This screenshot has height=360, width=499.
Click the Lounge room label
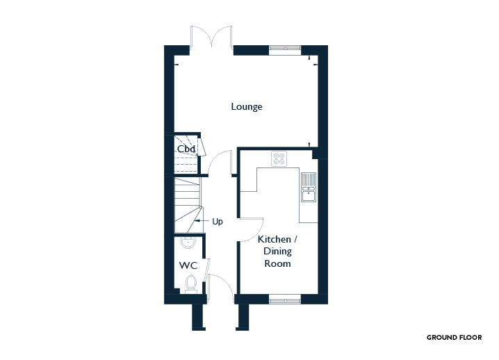click(x=247, y=106)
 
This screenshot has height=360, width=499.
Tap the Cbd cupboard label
click(x=186, y=149)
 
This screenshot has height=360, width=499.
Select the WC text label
click(x=188, y=265)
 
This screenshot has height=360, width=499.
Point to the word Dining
click(x=277, y=252)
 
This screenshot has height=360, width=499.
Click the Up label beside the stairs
click(x=218, y=222)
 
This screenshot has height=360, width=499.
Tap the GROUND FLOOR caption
click(x=454, y=337)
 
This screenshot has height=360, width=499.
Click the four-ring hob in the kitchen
click(x=279, y=159)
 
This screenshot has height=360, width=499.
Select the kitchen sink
click(x=309, y=187)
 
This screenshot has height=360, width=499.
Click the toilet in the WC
click(x=191, y=284)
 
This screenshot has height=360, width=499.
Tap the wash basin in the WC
click(x=188, y=243)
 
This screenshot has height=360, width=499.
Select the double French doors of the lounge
click(x=211, y=37)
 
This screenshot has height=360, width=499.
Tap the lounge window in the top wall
click(x=285, y=49)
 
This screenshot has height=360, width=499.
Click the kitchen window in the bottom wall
click(x=285, y=300)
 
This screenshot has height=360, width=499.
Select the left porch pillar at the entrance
click(x=199, y=318)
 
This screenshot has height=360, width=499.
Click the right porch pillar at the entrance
click(x=243, y=318)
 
